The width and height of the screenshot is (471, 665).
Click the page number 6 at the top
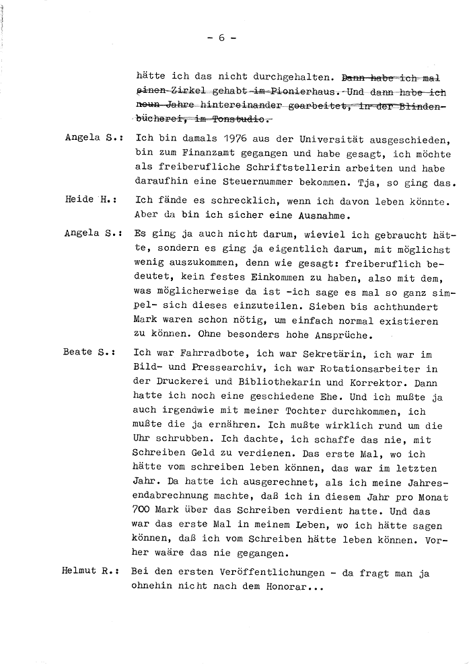pyautogui.click(x=221, y=38)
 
